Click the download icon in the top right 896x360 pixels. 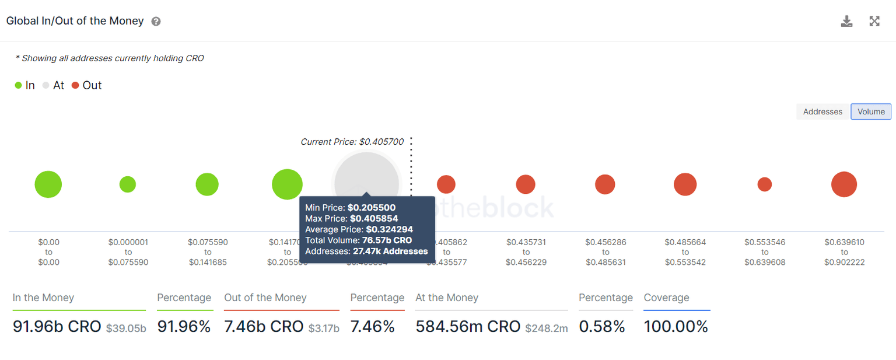tap(846, 22)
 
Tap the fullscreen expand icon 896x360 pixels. tap(874, 22)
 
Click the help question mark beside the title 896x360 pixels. tap(156, 22)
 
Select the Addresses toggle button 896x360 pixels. tap(822, 111)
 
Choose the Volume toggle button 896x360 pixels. tap(871, 111)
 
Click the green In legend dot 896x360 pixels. tap(19, 86)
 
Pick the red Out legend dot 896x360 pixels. tap(75, 86)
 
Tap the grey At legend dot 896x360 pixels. tap(46, 86)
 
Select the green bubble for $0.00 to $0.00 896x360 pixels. tap(48, 184)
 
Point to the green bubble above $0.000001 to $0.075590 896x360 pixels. tap(128, 184)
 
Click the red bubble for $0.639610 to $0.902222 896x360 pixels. tap(844, 184)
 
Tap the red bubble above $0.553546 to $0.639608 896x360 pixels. tap(765, 184)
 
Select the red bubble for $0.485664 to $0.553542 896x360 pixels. tap(685, 184)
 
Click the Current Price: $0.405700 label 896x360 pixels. tap(352, 142)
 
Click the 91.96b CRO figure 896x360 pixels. tap(57, 327)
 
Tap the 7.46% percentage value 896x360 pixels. tap(373, 327)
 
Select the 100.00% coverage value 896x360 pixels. tap(675, 327)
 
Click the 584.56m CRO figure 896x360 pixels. tap(468, 327)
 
